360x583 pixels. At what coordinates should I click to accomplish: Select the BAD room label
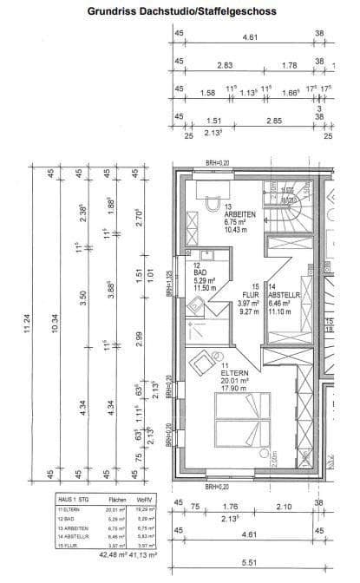click(200, 272)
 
